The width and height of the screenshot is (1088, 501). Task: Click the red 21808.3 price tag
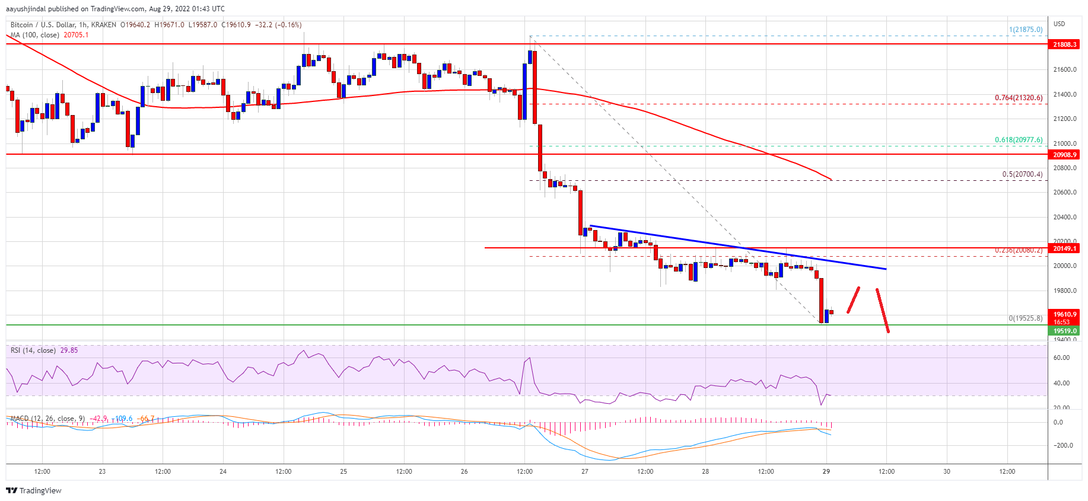coord(1064,44)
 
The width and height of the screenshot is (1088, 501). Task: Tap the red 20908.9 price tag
coord(1064,155)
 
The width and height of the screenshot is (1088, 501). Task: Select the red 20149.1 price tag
coord(1064,248)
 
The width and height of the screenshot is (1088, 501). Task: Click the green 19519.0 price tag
coord(1064,331)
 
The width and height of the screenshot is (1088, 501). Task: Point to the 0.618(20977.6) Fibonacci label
coord(1018,140)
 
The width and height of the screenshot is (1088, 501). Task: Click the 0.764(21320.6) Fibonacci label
coord(1018,98)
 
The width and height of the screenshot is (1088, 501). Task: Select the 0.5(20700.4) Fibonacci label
coord(1022,174)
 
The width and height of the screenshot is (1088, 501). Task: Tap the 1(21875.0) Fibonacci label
coord(1025,30)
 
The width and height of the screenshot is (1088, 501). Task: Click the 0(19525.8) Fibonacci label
coord(1025,318)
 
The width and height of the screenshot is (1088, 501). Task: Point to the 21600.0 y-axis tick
coord(1064,69)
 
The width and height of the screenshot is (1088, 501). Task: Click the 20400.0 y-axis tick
coord(1064,217)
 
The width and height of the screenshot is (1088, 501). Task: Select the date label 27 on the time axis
coord(584,472)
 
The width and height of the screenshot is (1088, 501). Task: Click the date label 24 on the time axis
coord(223,472)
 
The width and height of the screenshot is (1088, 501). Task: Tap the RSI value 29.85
coord(69,350)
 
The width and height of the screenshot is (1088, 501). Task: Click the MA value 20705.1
coord(76,35)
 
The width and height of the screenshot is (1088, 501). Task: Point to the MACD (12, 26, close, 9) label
coord(48,419)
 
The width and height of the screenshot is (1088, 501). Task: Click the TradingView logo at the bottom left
coord(34,490)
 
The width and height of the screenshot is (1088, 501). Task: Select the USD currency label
coord(1059,24)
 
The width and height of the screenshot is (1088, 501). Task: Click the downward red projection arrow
coord(883,311)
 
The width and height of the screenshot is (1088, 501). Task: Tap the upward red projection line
coord(853,300)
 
